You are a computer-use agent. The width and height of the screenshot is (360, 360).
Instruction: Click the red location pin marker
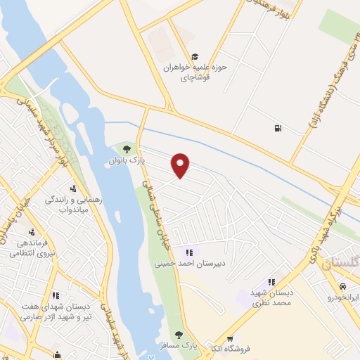click(x=181, y=165)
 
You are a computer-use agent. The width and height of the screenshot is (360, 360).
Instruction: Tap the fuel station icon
click(x=279, y=128)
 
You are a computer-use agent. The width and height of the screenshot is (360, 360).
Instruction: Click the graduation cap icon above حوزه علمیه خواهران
click(x=195, y=57)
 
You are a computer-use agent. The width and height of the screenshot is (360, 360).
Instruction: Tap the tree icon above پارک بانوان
click(x=127, y=148)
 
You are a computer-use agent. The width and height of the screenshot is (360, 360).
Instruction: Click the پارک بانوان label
click(x=126, y=161)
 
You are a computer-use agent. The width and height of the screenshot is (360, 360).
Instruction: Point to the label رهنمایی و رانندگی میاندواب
click(x=74, y=204)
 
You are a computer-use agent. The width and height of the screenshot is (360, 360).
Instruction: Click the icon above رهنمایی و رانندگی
click(x=73, y=188)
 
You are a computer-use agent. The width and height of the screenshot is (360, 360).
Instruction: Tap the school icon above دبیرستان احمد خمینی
click(x=188, y=252)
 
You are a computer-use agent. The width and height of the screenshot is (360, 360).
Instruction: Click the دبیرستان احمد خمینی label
click(x=188, y=264)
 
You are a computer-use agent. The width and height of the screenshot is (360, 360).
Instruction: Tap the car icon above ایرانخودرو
click(x=342, y=287)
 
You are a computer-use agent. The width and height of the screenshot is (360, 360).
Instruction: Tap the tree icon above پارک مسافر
click(x=179, y=335)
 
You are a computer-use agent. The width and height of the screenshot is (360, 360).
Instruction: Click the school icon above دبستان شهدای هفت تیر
click(x=56, y=295)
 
